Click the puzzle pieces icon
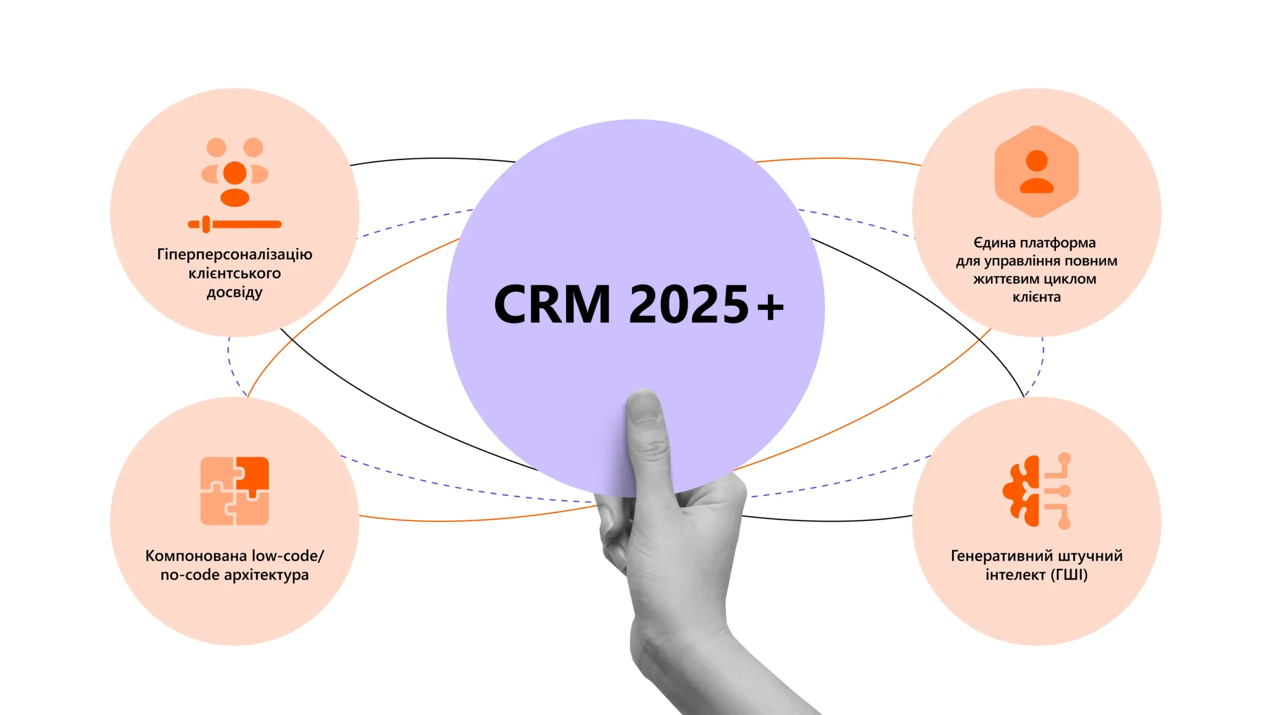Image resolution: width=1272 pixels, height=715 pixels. point(235,491)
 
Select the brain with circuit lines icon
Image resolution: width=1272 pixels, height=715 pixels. point(1036,491)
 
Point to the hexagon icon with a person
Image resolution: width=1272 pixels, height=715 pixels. point(1036,171)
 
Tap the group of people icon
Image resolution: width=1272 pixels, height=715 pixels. point(235,171)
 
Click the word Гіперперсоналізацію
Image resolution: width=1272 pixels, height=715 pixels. point(235,254)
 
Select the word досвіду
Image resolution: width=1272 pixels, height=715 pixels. point(235,292)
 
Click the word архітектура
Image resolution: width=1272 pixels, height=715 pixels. point(266,575)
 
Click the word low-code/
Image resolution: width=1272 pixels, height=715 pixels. point(288,556)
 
